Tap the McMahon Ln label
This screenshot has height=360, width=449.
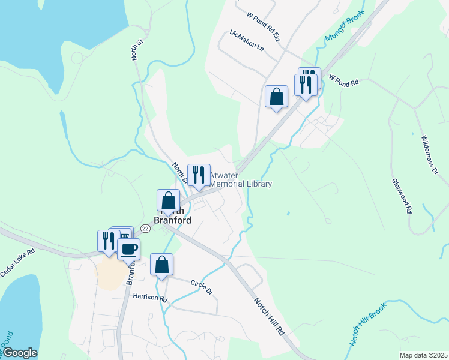pyautogui.click(x=246, y=41)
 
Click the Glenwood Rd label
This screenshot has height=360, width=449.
pyautogui.click(x=402, y=196)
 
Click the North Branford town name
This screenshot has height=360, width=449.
pyautogui.click(x=173, y=216)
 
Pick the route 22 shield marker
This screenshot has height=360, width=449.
pyautogui.click(x=145, y=229)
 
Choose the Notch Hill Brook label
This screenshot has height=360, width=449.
pyautogui.click(x=369, y=324)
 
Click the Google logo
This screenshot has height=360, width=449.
pyautogui.click(x=20, y=353)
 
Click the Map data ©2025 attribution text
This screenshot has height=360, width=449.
pyautogui.click(x=423, y=355)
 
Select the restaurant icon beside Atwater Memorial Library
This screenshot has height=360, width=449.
pyautogui.click(x=199, y=175)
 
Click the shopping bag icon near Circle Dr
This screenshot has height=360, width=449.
pyautogui.click(x=162, y=265)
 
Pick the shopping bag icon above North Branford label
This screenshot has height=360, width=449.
pyautogui.click(x=169, y=201)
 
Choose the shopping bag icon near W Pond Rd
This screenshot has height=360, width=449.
pyautogui.click(x=276, y=96)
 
